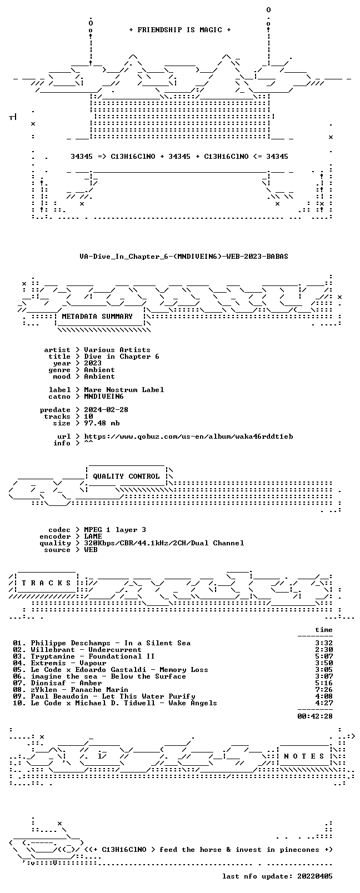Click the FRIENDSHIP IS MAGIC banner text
180,30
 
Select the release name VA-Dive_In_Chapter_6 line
184,257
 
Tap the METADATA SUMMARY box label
97,317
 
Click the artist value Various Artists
117,350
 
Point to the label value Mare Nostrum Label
124,390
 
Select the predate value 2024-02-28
106,410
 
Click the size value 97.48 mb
102,423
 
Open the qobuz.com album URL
188,437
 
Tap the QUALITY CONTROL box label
126,476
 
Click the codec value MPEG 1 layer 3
115,530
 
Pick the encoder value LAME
93,536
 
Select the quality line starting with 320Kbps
164,543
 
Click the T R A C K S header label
46,583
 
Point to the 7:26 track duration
324,690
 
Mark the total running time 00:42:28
315,716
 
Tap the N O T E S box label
304,756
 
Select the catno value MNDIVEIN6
104,397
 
